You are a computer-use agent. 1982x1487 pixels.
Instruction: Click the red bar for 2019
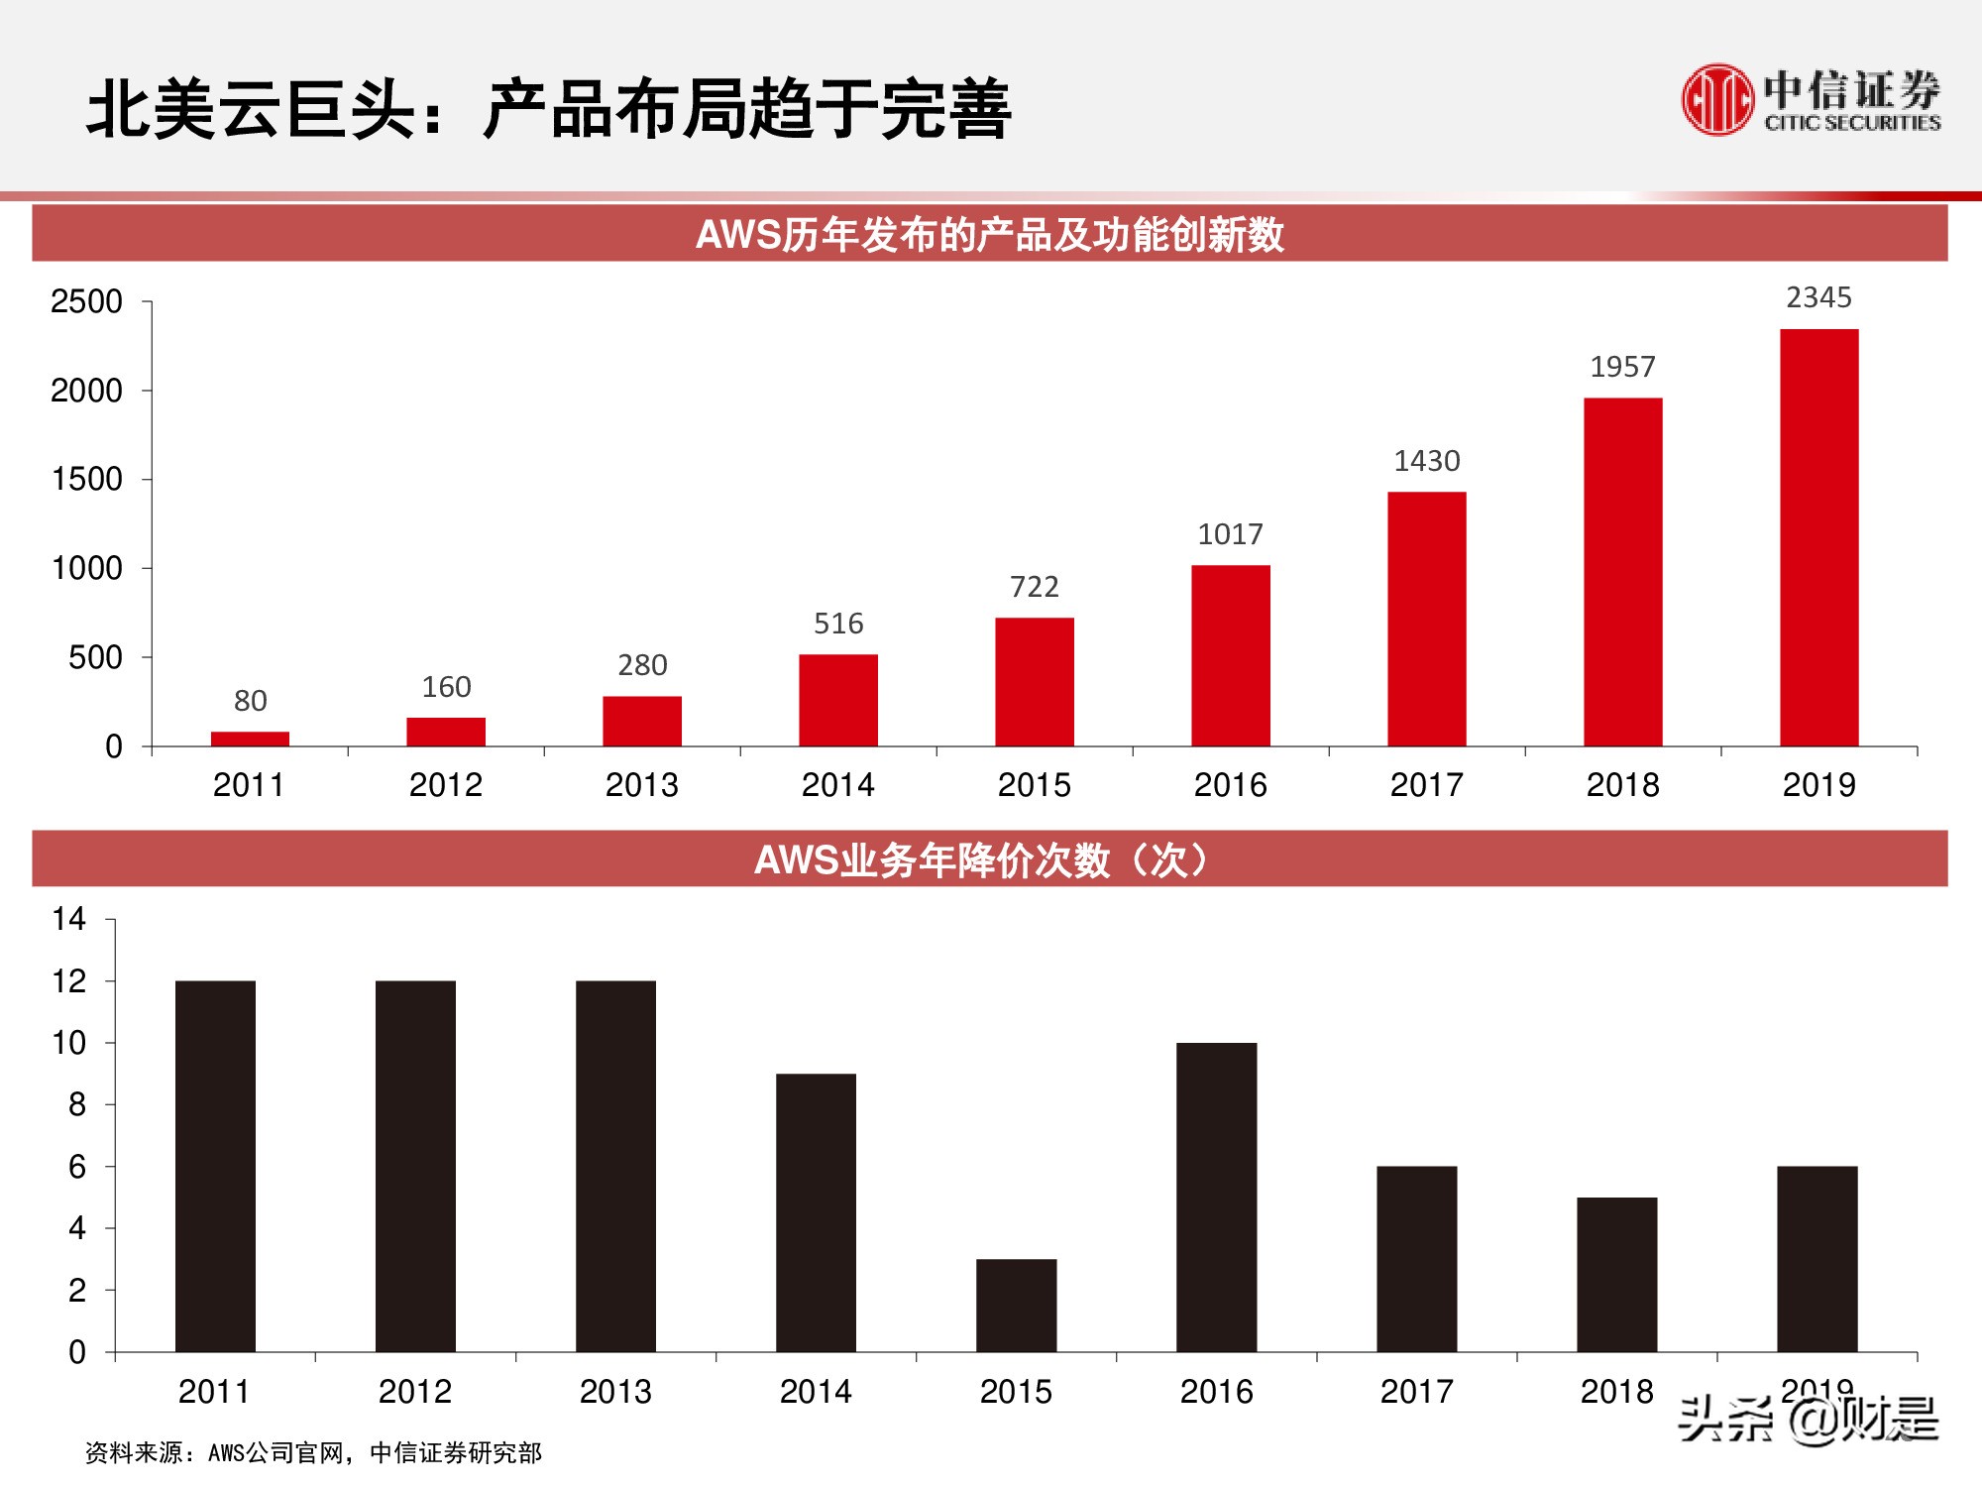(x=1818, y=537)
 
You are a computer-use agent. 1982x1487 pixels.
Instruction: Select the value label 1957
(x=1622, y=367)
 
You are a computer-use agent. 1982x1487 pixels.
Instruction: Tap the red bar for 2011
(x=250, y=739)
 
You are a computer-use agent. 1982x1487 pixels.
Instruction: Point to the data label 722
(x=1034, y=587)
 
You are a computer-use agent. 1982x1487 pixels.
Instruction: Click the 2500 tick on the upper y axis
(x=86, y=301)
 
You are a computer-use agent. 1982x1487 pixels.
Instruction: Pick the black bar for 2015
(x=1016, y=1305)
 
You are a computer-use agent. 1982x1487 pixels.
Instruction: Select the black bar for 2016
(x=1216, y=1197)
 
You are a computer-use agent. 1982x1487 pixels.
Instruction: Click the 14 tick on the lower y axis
(x=69, y=919)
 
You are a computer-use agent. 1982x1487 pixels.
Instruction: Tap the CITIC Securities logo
(x=1810, y=100)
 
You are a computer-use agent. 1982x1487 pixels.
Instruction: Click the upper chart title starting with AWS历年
(x=989, y=235)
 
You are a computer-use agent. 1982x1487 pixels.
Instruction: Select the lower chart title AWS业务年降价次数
(x=981, y=859)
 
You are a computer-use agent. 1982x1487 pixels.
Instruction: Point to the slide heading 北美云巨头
(x=548, y=108)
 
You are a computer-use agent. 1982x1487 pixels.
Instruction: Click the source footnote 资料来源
(x=313, y=1452)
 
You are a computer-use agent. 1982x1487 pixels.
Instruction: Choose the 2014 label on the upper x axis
(x=837, y=785)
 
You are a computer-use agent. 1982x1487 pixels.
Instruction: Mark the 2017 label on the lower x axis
(x=1416, y=1392)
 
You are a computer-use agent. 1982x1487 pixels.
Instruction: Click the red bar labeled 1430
(x=1426, y=619)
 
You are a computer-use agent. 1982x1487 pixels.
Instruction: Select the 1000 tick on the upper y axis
(x=86, y=568)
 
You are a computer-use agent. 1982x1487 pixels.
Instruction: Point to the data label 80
(x=250, y=701)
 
